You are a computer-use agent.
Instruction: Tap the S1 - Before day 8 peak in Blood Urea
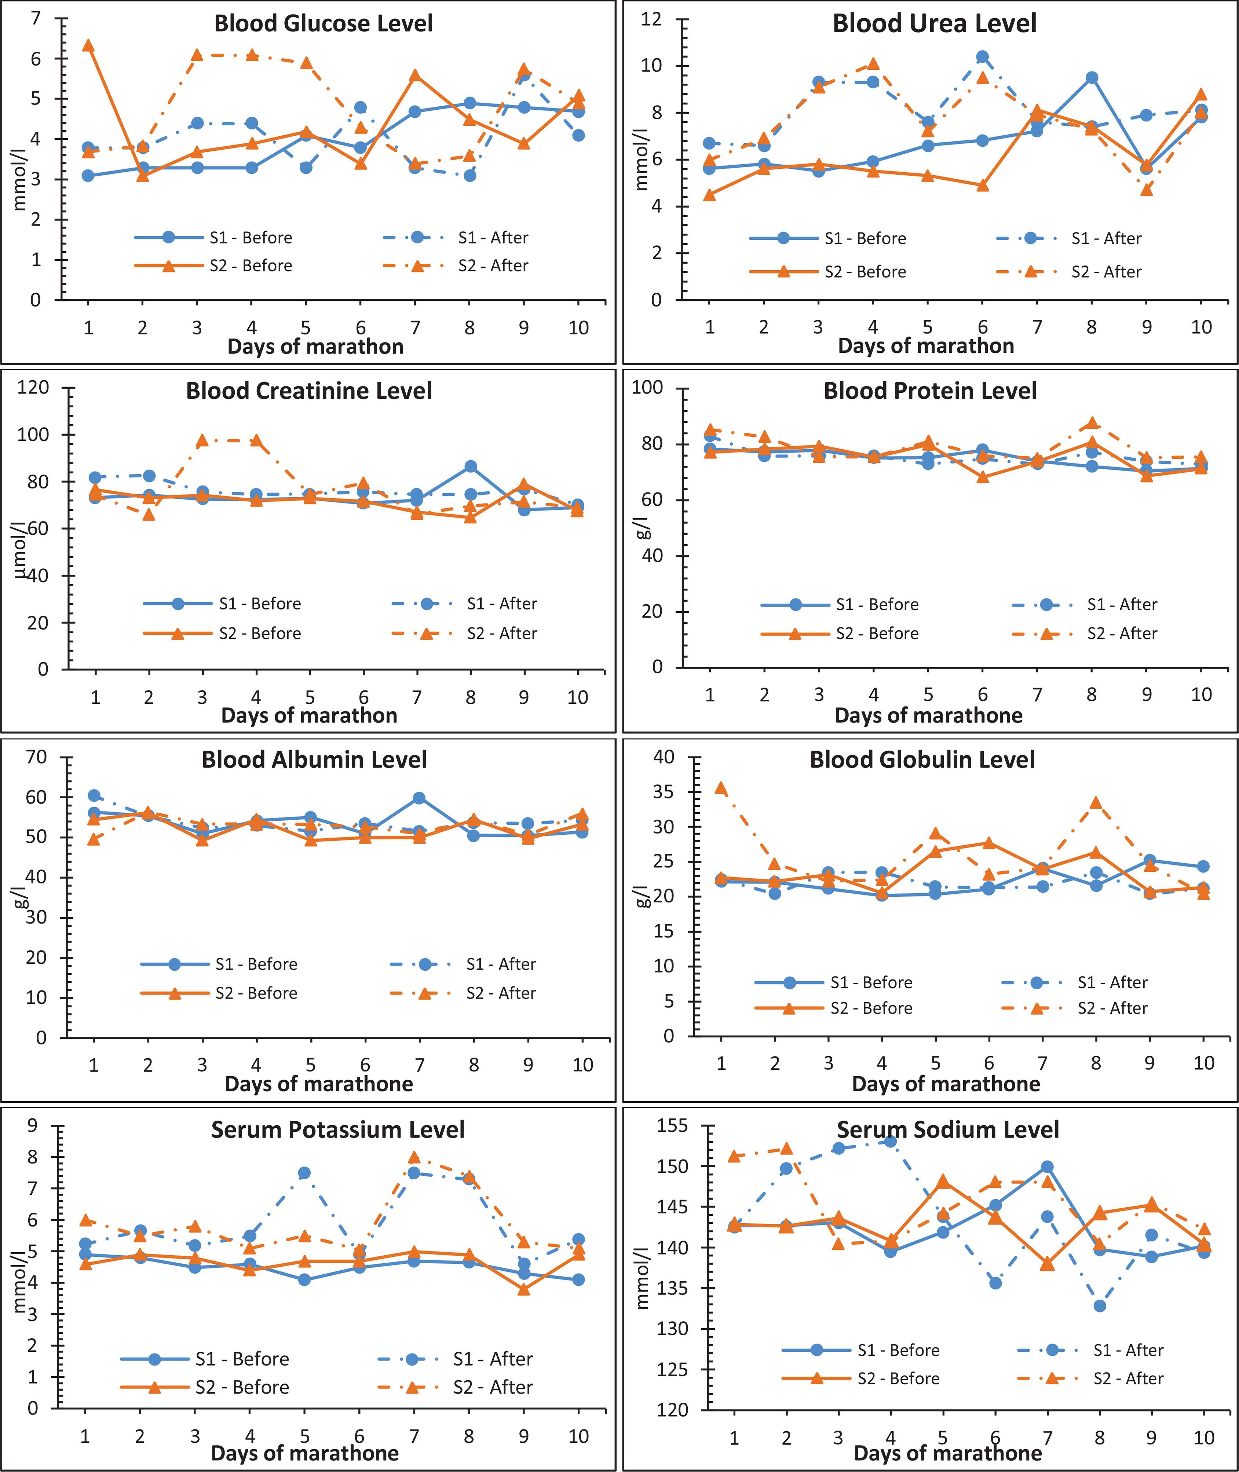click(x=1092, y=78)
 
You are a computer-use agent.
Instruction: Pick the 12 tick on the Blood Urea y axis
click(x=652, y=19)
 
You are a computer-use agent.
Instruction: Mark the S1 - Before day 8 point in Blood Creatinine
click(x=471, y=466)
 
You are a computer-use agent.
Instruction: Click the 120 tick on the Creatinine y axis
click(x=33, y=388)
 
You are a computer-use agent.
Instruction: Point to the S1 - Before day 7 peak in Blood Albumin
click(x=419, y=798)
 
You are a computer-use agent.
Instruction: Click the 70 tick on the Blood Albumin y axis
click(x=37, y=757)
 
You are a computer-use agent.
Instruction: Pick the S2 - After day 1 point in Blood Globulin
click(x=721, y=788)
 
